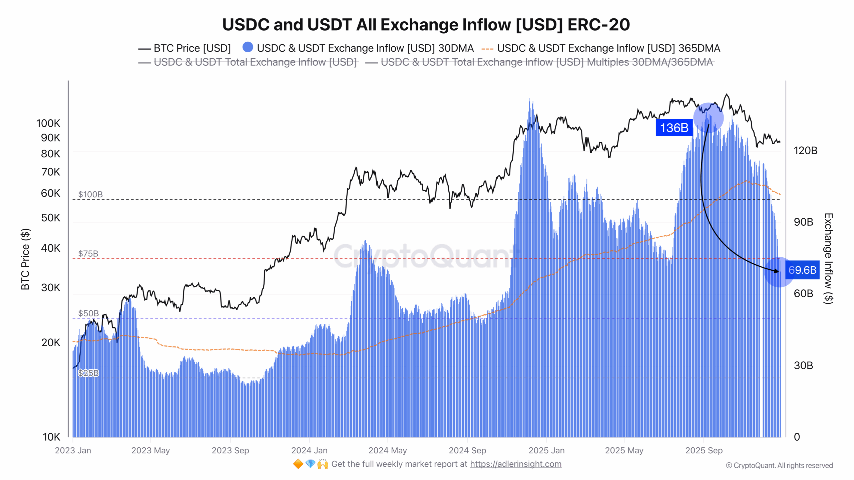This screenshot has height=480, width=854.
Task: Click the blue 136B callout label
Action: pos(674,128)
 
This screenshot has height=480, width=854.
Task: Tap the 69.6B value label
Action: pos(802,270)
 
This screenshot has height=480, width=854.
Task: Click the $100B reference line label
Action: pos(90,194)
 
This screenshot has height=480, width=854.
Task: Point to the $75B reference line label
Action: pos(88,254)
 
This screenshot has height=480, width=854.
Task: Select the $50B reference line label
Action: pos(88,313)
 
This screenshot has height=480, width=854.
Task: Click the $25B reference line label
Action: pos(88,373)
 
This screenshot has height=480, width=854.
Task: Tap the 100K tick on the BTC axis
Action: pos(48,123)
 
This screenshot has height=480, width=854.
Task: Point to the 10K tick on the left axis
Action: pos(51,437)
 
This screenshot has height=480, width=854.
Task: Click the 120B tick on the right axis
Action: pos(805,150)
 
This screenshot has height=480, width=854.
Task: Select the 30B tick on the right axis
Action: pos(803,365)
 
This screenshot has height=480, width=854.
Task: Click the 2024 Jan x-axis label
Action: pos(309,450)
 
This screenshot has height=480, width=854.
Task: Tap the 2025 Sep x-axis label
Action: pos(704,450)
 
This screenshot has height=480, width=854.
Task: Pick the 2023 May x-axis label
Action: pos(150,450)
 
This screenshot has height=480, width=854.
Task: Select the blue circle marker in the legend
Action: pos(248,47)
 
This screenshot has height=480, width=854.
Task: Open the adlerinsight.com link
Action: pos(516,464)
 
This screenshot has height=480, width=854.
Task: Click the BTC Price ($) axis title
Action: pos(25,259)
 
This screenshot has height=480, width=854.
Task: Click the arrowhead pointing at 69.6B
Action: pos(778,271)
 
